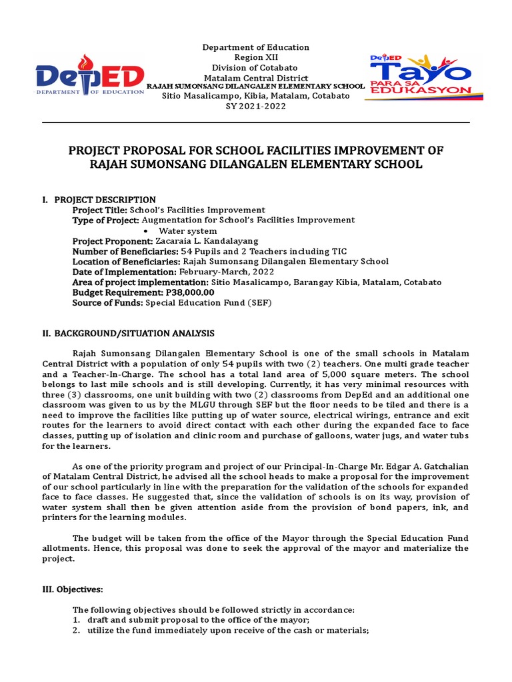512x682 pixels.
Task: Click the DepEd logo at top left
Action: tap(90, 79)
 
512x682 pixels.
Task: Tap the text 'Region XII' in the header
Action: tap(256, 58)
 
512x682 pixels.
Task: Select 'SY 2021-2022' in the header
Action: tap(256, 107)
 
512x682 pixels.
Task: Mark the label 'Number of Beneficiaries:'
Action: tap(121, 251)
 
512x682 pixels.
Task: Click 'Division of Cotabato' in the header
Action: tap(256, 68)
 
